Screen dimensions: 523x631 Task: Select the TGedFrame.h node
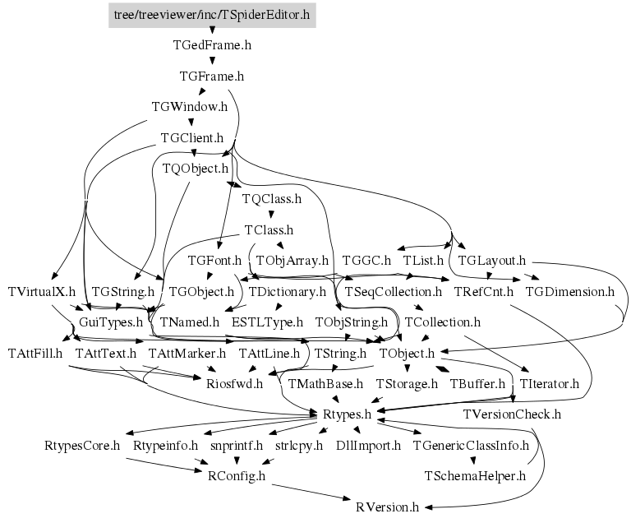pos(212,45)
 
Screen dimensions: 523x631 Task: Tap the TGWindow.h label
pos(190,107)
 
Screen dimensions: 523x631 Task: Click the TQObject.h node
pos(195,169)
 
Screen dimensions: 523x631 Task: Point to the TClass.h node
pos(269,230)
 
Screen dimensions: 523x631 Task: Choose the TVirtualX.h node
pos(41,291)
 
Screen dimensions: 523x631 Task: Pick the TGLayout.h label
pos(491,261)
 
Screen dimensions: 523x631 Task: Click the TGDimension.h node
pos(569,291)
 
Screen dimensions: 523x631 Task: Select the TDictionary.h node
pos(288,291)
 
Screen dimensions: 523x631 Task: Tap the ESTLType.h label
pos(267,322)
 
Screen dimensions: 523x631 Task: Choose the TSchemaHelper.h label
pos(474,475)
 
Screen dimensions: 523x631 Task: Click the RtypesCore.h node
pos(82,445)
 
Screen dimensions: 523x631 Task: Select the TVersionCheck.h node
pos(512,414)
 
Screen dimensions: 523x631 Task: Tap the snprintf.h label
pos(236,445)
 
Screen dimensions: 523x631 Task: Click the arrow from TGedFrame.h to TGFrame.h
pos(212,60)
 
